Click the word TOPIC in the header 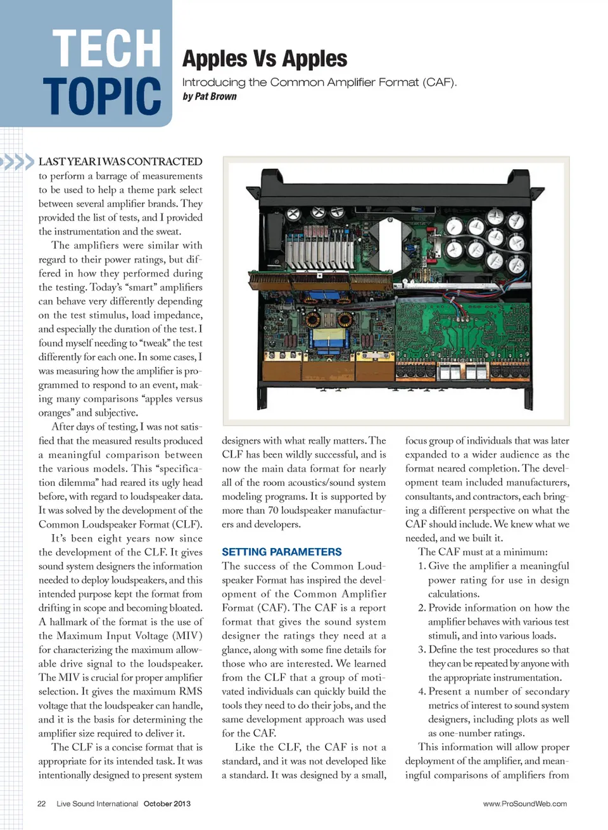point(102,96)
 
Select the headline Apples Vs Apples point(265,59)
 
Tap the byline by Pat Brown point(210,96)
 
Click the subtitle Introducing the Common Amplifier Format point(319,82)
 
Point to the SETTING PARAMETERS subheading point(282,552)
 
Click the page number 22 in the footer point(42,803)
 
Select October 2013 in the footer point(167,803)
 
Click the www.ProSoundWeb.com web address point(525,803)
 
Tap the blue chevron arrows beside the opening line point(18,162)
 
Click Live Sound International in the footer point(97,803)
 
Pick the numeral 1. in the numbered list point(422,566)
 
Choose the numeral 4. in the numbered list point(422,691)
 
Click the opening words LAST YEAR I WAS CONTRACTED point(120,162)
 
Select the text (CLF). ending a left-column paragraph point(188,524)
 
